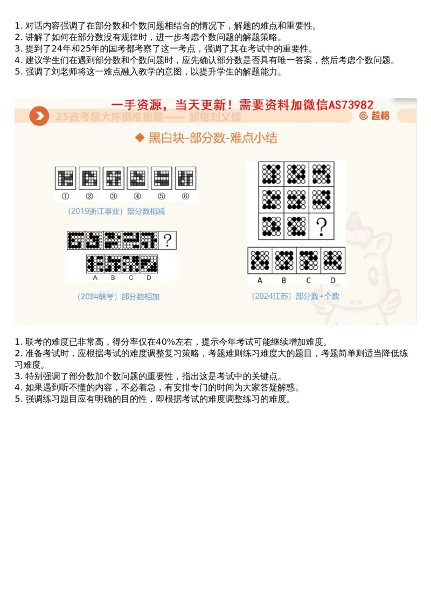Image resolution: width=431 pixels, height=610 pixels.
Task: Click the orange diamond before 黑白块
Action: click(140, 139)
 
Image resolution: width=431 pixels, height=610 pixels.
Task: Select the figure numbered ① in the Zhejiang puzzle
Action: click(65, 178)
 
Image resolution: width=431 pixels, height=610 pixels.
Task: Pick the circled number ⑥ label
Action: click(185, 196)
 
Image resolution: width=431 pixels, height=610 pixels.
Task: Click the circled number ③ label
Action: click(113, 196)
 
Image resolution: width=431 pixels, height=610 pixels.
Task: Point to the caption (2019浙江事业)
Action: click(96, 211)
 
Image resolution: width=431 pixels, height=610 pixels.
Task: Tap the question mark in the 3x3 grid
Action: click(322, 227)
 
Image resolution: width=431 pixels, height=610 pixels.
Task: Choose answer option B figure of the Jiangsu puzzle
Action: click(284, 261)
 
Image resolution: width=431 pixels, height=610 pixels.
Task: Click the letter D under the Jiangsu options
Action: click(332, 280)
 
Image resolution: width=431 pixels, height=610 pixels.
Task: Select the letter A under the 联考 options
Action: click(95, 278)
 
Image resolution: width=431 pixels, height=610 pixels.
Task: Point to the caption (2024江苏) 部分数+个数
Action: click(295, 296)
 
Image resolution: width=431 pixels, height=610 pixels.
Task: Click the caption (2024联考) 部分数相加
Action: click(118, 297)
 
